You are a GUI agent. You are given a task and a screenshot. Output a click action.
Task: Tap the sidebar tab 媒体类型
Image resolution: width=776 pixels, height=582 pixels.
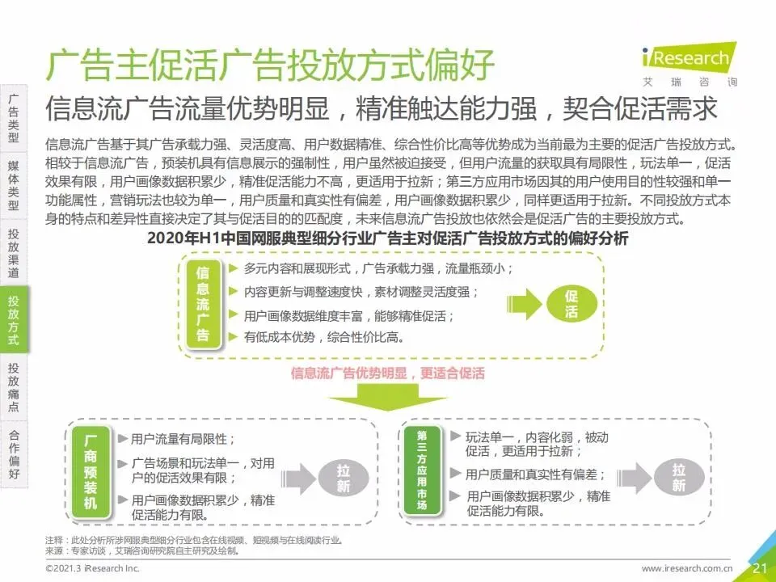[x=14, y=185]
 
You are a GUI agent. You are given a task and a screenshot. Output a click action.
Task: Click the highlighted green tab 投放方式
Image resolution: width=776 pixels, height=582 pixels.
[x=14, y=320]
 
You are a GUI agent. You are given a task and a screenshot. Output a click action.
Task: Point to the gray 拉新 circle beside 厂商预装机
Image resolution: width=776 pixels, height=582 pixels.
[x=344, y=478]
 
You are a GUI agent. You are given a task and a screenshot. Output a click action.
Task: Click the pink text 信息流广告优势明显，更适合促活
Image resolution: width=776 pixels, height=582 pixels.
[x=388, y=373]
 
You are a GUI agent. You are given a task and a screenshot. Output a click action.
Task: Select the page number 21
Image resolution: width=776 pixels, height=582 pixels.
[x=760, y=568]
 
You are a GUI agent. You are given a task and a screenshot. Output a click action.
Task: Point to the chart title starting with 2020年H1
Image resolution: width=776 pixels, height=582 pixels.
[x=388, y=239]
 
